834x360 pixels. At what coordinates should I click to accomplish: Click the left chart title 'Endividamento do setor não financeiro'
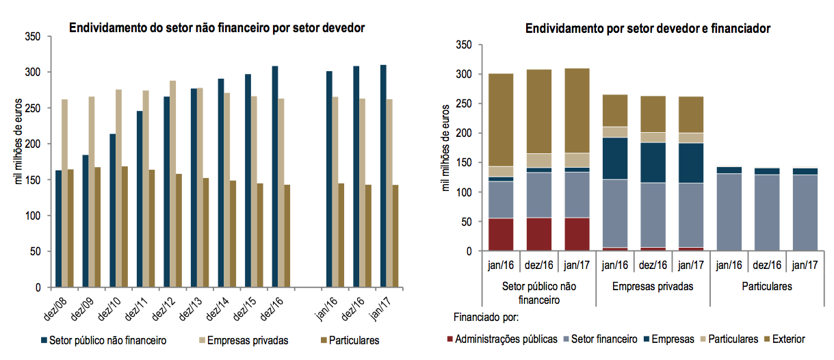[x=216, y=28]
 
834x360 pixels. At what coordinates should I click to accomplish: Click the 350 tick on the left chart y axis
[x=32, y=36]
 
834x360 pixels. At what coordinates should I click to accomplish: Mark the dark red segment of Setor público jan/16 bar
[x=501, y=234]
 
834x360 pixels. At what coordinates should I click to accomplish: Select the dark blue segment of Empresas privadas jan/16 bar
[x=615, y=158]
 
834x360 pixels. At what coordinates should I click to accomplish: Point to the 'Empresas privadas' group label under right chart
[x=653, y=287]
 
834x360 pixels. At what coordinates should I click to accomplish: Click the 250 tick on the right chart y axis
[x=463, y=103]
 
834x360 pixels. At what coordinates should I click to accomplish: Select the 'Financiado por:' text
[x=486, y=317]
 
